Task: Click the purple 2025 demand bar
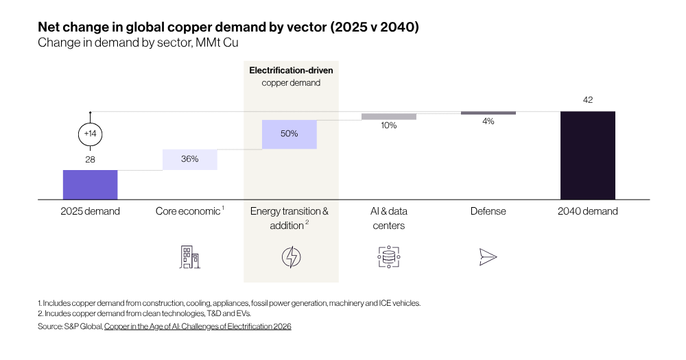[90, 184]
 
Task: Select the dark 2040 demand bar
[588, 155]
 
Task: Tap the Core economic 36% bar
[190, 160]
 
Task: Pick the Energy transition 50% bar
[289, 134]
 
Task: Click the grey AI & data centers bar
[389, 117]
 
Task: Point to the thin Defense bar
[488, 113]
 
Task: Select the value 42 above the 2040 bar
[588, 100]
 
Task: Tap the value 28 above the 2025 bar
[90, 160]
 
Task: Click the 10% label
[389, 125]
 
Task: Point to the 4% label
[488, 121]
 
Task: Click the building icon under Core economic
[190, 256]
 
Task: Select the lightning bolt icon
[292, 257]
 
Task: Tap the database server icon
[389, 256]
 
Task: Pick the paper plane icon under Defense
[488, 257]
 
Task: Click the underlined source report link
[198, 326]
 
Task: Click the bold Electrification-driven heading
[291, 71]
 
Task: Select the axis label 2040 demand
[588, 211]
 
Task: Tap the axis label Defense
[488, 211]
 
